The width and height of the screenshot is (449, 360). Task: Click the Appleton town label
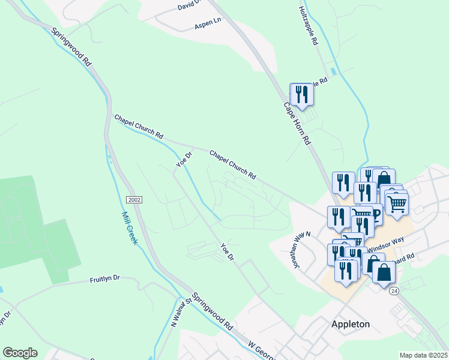[351, 324]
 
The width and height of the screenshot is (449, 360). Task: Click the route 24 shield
[394, 290]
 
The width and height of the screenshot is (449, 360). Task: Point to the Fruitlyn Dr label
[105, 279]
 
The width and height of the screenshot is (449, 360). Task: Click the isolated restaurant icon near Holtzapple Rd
[301, 95]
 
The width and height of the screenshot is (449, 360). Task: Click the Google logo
[20, 353]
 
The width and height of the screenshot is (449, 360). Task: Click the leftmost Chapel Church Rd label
[139, 127]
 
